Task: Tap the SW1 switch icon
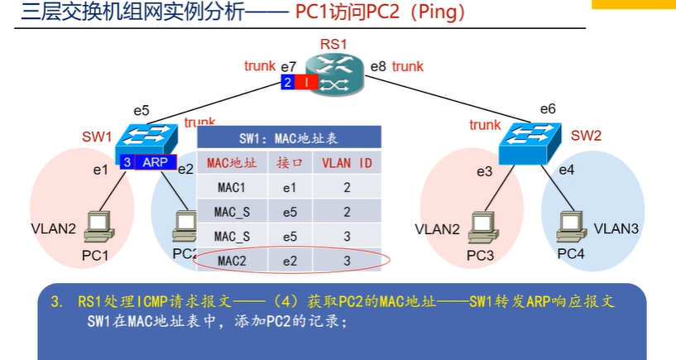145,138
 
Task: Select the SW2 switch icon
530,142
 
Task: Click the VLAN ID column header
348,163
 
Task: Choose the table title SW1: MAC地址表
289,138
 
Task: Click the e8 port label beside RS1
378,65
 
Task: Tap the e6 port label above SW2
548,108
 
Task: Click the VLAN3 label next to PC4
616,228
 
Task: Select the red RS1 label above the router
333,42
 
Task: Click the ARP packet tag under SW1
155,162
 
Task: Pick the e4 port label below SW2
566,170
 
